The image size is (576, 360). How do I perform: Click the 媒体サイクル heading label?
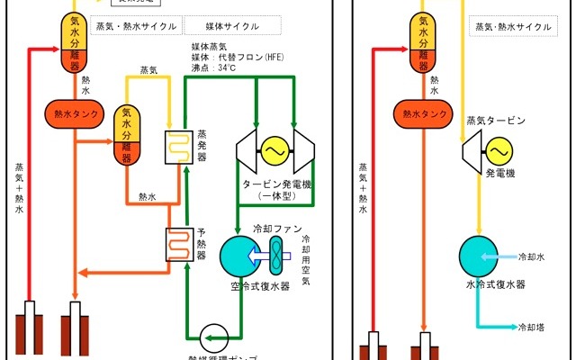coord(220,27)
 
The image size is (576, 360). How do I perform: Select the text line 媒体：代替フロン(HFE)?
coord(238,57)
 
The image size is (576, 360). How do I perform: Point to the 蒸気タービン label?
coord(495,121)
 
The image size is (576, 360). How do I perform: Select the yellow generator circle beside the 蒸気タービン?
coord(495,147)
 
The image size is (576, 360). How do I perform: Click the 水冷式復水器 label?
coord(495,284)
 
